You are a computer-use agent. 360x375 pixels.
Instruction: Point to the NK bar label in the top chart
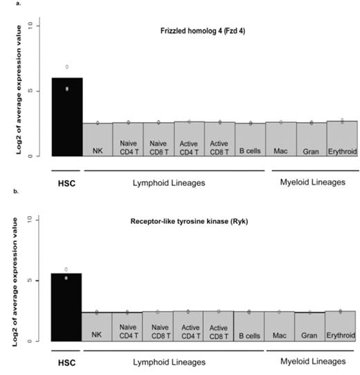pos(98,148)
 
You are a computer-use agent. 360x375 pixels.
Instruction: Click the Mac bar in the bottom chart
pos(281,326)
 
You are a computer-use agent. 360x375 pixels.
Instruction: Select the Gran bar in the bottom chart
pos(311,326)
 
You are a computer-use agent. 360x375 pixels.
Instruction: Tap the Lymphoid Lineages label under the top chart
pos(175,182)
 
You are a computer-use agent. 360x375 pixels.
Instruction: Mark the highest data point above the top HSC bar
pos(67,67)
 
